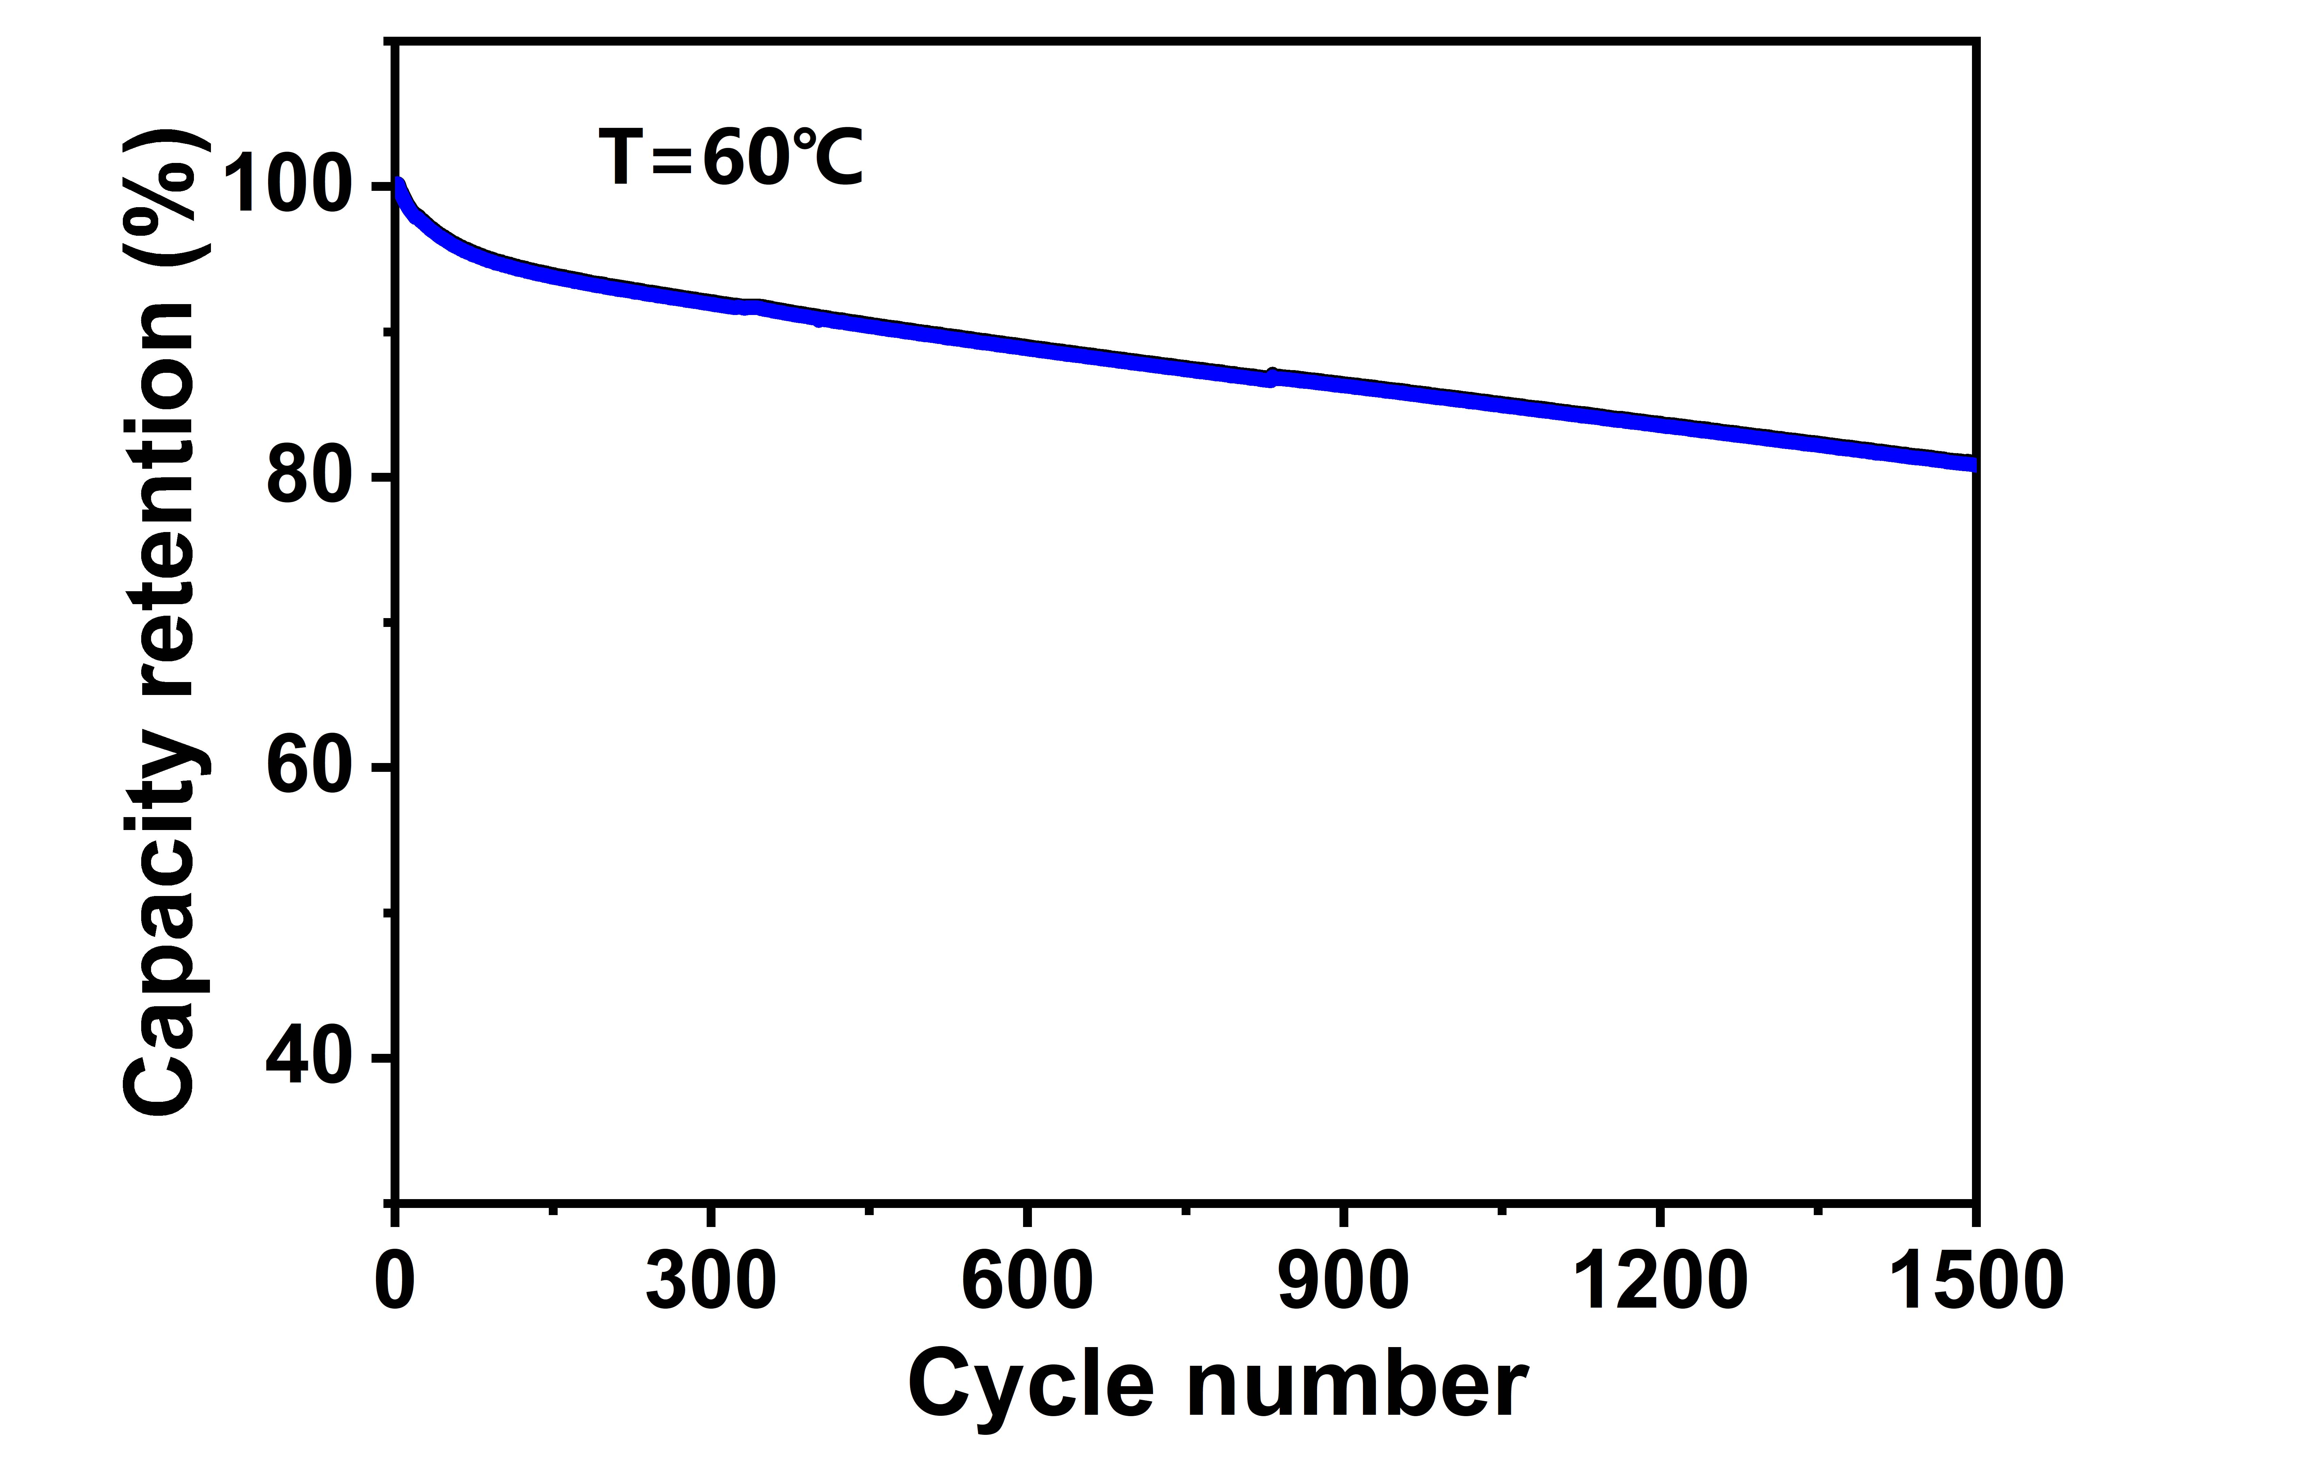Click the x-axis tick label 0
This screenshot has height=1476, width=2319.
[x=395, y=1283]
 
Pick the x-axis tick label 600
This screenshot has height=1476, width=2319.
[x=1027, y=1283]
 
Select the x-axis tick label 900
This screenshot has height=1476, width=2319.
[x=1344, y=1283]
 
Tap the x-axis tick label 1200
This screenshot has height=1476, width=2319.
[x=1659, y=1283]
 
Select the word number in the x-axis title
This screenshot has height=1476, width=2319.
[x=1356, y=1387]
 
